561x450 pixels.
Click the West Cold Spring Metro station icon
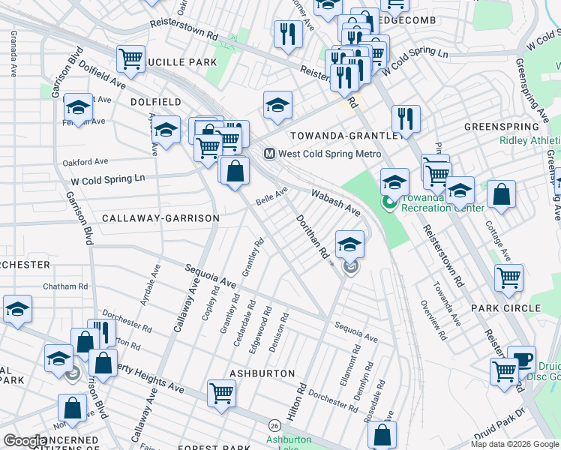click(269, 154)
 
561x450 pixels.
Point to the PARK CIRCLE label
click(505, 308)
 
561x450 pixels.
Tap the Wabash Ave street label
click(336, 202)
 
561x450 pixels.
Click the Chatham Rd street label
click(65, 286)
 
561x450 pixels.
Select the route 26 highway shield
click(275, 425)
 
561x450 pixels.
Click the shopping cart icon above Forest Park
click(221, 392)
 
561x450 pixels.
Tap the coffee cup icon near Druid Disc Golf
click(520, 358)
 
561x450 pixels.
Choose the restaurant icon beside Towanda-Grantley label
click(405, 118)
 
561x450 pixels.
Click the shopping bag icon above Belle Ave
click(235, 169)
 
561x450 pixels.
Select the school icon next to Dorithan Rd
click(349, 244)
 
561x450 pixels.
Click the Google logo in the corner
click(25, 441)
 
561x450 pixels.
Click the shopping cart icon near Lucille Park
click(130, 58)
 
